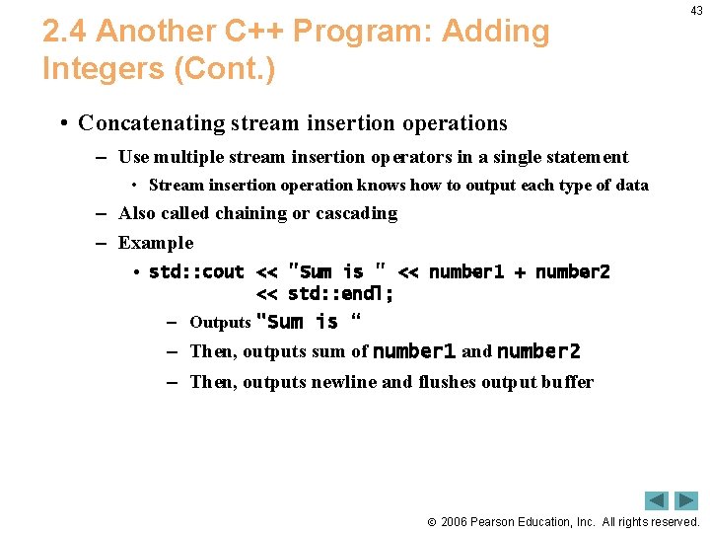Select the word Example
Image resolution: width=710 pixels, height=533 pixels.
156,243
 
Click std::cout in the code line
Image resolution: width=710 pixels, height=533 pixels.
196,272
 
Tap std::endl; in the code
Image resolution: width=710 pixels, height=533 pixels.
340,294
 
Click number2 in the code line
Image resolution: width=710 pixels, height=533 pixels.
573,272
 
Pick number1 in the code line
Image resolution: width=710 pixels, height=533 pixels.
466,272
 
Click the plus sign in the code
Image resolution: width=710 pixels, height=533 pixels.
520,272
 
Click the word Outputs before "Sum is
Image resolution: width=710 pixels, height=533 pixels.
220,323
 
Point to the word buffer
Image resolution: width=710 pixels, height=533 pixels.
567,382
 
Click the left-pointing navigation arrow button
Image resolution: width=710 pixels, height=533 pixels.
657,500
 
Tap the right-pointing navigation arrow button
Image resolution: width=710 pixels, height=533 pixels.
686,500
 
